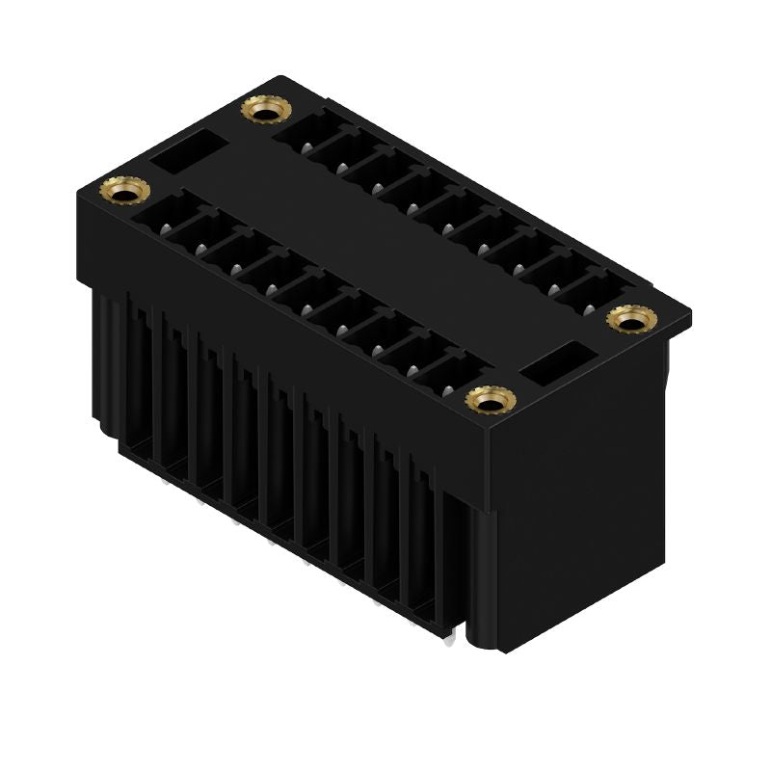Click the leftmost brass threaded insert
123,191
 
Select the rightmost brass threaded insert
628,319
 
